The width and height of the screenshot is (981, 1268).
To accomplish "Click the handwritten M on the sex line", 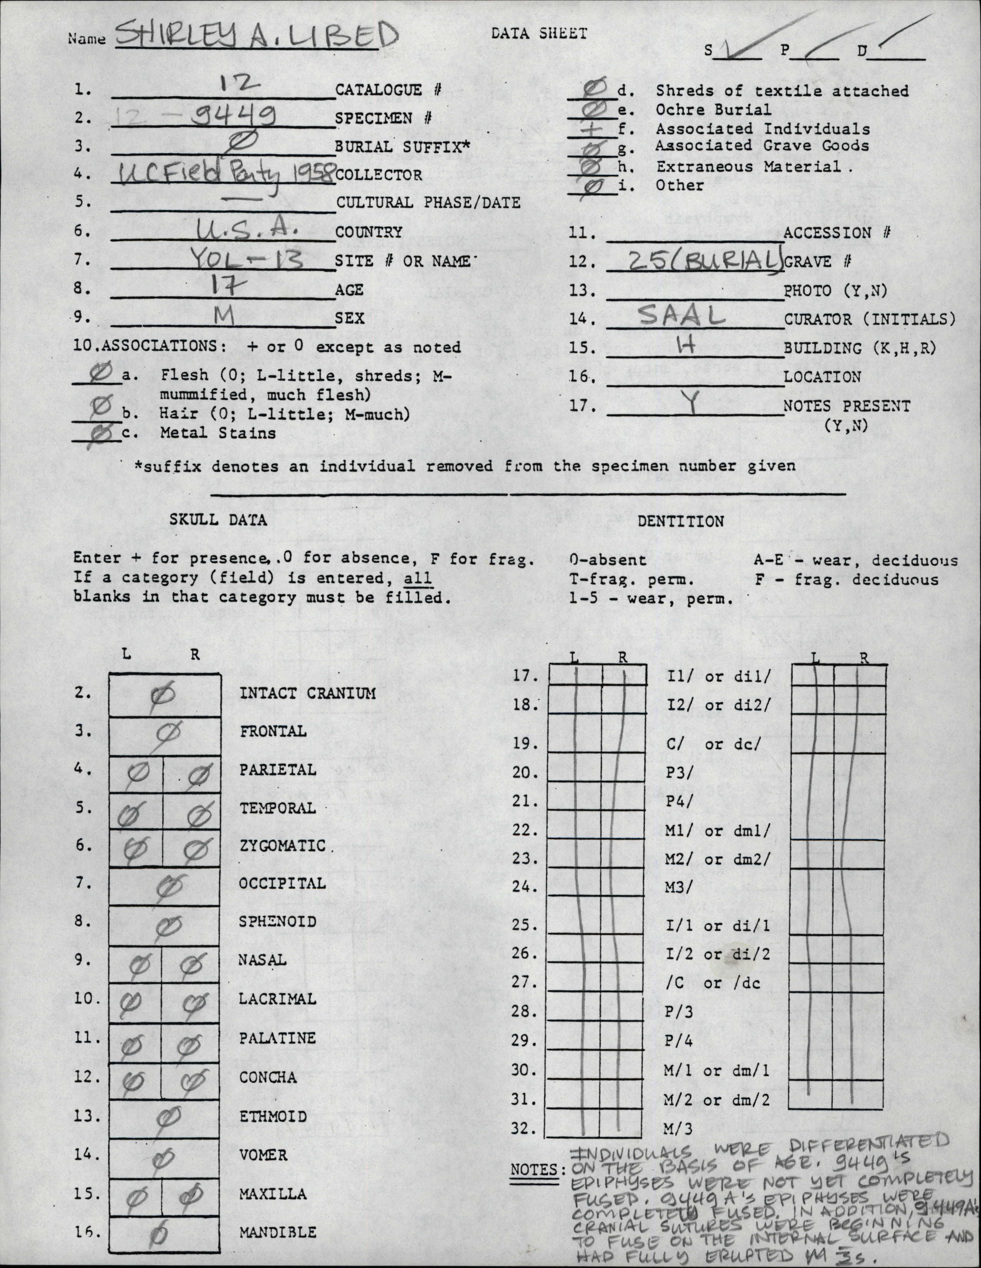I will [x=224, y=317].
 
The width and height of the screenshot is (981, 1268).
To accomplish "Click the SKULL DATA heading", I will [x=218, y=520].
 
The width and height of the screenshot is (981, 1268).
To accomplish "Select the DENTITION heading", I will [x=681, y=521].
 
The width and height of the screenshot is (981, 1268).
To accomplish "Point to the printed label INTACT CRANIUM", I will [x=307, y=693].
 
